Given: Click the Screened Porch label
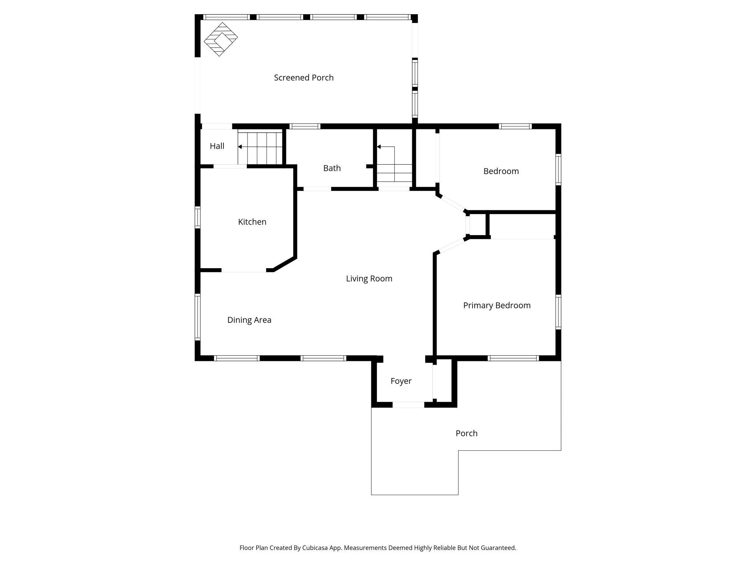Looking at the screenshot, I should [x=303, y=77].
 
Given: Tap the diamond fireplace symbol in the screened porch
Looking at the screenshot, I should [x=221, y=39].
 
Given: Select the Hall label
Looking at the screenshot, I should [x=217, y=146].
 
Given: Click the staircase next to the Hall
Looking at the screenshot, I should [x=260, y=148].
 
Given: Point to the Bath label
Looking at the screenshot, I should [x=332, y=168].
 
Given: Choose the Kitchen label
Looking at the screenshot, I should [x=252, y=222].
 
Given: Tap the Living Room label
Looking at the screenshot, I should [x=369, y=278].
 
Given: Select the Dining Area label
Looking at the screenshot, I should [x=249, y=320].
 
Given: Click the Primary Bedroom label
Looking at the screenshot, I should [x=496, y=305].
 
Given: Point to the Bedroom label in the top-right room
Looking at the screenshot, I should [x=501, y=171].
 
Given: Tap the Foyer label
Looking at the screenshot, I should [x=401, y=381].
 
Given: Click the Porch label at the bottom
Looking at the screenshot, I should [x=466, y=433].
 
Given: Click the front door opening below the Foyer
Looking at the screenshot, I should [x=408, y=405].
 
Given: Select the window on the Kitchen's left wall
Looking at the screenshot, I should [x=198, y=217].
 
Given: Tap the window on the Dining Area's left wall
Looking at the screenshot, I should [x=198, y=317].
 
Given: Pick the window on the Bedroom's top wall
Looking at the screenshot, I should [x=515, y=126].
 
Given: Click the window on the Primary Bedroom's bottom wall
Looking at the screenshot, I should [x=513, y=358].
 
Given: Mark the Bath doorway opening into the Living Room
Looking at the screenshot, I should [x=317, y=189].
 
